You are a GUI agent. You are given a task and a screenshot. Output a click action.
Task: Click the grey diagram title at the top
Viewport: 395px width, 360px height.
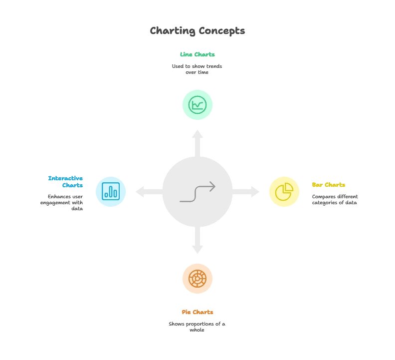point(197,31)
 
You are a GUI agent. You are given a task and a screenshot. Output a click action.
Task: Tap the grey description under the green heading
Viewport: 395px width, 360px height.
point(197,69)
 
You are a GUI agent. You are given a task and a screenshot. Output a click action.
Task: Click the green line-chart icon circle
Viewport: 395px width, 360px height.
point(197,105)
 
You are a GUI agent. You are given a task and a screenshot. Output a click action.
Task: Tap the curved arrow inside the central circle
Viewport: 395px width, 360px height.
point(197,192)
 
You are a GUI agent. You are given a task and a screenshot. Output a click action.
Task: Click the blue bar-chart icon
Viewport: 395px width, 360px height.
point(110,191)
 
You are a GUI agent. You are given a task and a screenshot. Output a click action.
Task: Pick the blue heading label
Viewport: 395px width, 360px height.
point(66,181)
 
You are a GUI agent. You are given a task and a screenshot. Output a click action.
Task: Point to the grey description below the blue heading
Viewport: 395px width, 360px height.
point(62,201)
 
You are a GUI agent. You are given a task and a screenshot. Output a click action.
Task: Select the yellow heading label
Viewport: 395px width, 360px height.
point(329,185)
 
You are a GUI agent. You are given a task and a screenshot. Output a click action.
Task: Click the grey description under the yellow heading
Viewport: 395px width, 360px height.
point(335,200)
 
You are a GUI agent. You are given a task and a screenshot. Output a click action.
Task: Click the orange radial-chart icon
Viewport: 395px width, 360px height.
point(197,278)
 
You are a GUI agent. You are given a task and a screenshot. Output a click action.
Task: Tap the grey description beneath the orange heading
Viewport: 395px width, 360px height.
point(197,325)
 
